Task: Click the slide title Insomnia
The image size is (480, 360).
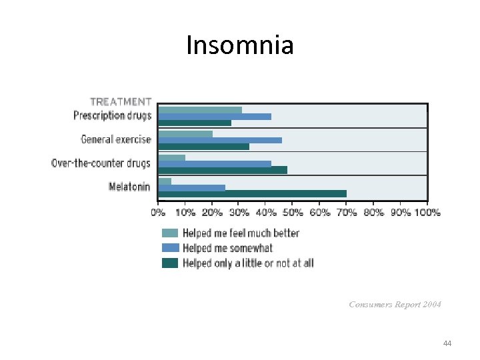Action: (x=239, y=45)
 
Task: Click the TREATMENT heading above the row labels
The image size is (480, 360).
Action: (x=121, y=102)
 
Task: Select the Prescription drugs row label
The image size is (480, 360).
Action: (x=112, y=115)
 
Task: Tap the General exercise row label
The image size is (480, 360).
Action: (x=116, y=139)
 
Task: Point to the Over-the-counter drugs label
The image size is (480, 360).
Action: (x=101, y=163)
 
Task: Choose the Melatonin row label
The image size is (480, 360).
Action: (x=129, y=187)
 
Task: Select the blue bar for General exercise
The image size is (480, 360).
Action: (x=220, y=140)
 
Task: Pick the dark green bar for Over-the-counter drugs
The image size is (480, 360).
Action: (x=223, y=170)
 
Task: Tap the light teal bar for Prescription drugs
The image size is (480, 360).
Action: (x=200, y=110)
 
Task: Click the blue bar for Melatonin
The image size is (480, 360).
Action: (x=192, y=187)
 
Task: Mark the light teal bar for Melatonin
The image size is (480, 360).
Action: (x=165, y=181)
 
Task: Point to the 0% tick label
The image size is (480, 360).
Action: (x=159, y=213)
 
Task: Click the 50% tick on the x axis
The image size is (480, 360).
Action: (x=293, y=213)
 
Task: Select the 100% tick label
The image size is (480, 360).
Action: (x=427, y=213)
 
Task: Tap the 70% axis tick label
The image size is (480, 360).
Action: (x=347, y=213)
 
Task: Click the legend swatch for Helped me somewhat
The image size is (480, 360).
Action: (x=171, y=248)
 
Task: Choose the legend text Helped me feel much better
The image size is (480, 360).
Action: (x=241, y=233)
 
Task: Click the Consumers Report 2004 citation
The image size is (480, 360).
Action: (x=395, y=305)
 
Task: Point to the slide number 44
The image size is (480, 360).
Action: (x=447, y=343)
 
